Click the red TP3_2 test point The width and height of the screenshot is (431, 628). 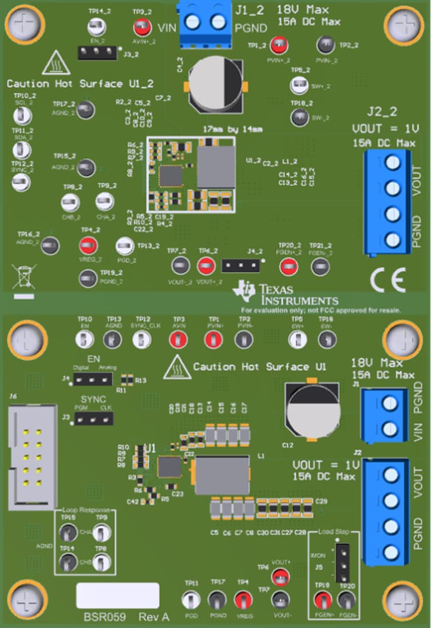(139, 27)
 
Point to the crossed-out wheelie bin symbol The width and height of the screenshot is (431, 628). (23, 276)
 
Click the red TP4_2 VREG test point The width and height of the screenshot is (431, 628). (88, 246)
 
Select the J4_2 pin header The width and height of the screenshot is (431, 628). (240, 265)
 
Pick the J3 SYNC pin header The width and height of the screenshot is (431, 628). (95, 419)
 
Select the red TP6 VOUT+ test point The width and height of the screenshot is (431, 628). (280, 577)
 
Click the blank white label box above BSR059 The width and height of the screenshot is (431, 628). (118, 595)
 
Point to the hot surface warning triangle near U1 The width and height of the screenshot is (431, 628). (177, 371)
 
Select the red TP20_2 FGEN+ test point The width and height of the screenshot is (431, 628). (288, 266)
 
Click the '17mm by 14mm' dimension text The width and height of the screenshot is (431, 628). (233, 130)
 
